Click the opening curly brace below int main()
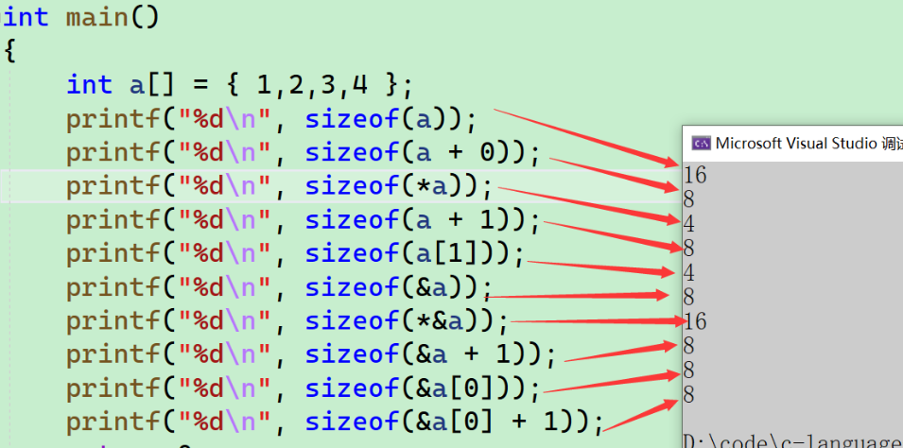coord(10,51)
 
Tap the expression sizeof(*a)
coord(398,186)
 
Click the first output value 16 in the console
coord(695,175)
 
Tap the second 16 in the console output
coord(695,321)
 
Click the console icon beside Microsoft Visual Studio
coord(701,144)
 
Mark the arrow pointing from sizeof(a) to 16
coord(586,138)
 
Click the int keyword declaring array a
coord(89,85)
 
